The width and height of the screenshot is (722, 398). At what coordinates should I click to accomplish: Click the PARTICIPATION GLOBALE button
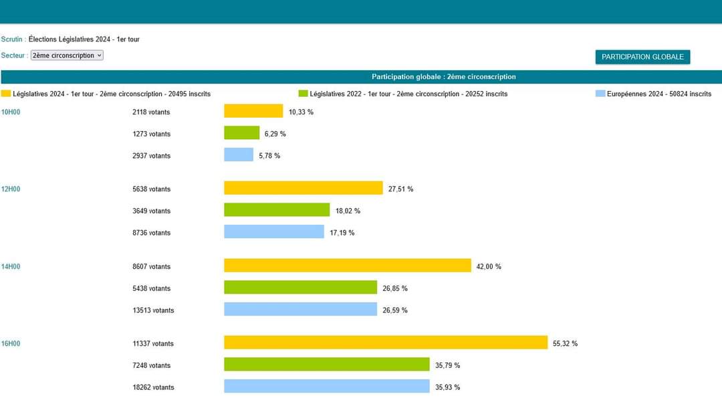(642, 57)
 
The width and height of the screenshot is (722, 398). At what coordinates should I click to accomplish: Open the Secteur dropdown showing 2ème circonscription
(67, 56)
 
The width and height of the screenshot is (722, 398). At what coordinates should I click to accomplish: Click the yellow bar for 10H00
(253, 111)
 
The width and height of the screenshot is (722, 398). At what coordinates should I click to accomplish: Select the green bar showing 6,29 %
(242, 132)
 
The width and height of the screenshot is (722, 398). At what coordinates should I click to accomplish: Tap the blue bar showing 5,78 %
(239, 155)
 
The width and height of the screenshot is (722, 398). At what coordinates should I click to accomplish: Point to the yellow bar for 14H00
(348, 266)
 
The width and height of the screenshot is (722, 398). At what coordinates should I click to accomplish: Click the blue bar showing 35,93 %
(327, 386)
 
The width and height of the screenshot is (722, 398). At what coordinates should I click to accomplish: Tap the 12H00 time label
(11, 189)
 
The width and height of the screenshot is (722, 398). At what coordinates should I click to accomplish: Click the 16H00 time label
(11, 344)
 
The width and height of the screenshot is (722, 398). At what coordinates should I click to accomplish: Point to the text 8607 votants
(152, 266)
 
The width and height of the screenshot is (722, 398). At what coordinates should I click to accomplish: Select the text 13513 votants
(153, 310)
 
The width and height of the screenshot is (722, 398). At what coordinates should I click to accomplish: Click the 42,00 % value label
(489, 266)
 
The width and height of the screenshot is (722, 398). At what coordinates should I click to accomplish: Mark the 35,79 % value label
(447, 365)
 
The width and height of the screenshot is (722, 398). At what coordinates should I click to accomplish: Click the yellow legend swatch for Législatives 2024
(6, 94)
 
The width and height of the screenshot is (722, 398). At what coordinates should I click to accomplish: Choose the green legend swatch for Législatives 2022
(303, 94)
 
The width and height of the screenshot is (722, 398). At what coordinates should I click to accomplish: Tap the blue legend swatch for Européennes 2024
(600, 94)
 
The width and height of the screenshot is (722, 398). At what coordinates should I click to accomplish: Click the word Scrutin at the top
(11, 39)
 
